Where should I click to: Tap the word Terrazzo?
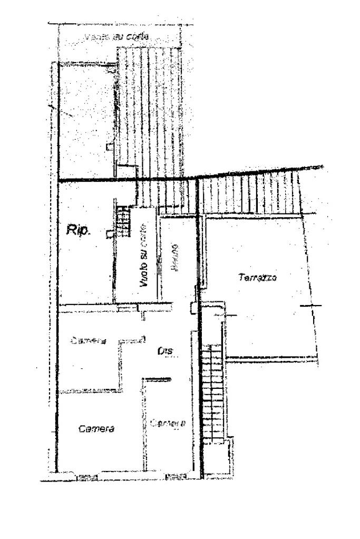coord(258,278)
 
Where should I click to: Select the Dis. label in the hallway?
coord(166,351)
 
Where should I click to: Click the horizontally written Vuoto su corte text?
coord(117,37)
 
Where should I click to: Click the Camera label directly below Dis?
coord(168,423)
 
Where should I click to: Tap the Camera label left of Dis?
coord(88,340)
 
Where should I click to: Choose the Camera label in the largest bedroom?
coord(96,428)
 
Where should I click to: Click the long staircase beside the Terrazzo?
coord(213,393)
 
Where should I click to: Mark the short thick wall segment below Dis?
coord(159,378)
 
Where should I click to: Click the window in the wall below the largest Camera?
coord(89,477)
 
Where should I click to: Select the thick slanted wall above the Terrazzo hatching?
coord(258,172)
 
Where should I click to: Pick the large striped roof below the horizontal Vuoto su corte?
coord(150,111)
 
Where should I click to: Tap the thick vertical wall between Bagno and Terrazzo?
coord(199,237)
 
